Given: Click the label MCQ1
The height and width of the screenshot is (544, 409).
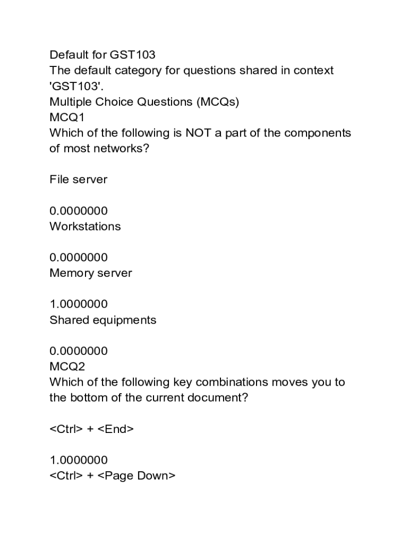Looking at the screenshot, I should click(67, 117).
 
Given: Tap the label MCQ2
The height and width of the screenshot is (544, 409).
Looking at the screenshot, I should click(67, 367).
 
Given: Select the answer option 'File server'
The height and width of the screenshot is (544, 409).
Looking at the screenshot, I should click(78, 180).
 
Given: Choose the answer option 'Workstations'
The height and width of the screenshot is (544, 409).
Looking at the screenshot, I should click(85, 226).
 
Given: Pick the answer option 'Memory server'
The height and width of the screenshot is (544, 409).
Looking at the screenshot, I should click(90, 273).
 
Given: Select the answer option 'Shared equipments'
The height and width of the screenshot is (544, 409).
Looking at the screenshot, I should click(103, 320).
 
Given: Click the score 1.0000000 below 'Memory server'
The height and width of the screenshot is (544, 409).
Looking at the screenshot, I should click(78, 304).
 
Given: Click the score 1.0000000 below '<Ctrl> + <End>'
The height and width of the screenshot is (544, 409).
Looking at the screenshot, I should click(78, 460).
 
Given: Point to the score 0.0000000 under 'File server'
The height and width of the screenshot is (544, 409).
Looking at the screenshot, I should click(78, 211).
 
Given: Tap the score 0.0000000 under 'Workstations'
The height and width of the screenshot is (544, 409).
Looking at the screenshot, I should click(78, 258).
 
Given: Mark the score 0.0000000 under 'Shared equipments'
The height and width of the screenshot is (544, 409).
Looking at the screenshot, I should click(78, 351).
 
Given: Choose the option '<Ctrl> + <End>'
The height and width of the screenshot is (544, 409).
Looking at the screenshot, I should click(91, 429).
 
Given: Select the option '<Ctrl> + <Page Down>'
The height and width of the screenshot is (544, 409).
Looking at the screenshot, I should click(112, 476).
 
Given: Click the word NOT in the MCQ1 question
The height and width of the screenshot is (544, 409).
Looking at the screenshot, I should click(198, 133).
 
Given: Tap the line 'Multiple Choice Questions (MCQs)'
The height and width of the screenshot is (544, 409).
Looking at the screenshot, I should click(144, 101).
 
